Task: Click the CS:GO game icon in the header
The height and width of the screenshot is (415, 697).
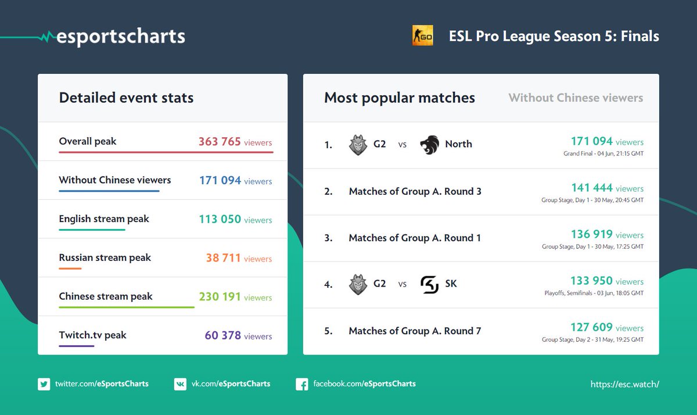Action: tap(422, 35)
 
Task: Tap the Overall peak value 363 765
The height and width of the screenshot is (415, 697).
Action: tap(220, 142)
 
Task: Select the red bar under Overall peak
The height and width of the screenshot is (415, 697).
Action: tap(166, 152)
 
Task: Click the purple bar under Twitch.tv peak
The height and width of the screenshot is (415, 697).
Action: tap(76, 346)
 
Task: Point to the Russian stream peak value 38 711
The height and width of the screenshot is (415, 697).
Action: tap(223, 258)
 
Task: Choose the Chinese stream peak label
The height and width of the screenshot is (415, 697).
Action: tap(106, 296)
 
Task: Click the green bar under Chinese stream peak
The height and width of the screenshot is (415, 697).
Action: tap(126, 307)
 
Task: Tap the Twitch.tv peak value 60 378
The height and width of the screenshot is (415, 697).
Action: tap(222, 335)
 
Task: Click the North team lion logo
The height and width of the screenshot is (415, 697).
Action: tap(429, 145)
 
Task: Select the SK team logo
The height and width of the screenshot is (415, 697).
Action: tap(429, 284)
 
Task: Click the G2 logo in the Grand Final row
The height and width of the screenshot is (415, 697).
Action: tap(358, 145)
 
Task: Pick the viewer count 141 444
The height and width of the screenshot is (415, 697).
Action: tap(592, 188)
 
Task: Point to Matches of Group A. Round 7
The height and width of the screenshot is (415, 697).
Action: tap(415, 331)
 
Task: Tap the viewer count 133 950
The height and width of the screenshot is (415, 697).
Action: tap(592, 281)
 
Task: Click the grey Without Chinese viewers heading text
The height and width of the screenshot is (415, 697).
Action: tap(576, 98)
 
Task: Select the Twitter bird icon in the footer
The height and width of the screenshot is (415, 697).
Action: tap(44, 384)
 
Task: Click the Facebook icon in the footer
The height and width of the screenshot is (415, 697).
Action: tap(301, 384)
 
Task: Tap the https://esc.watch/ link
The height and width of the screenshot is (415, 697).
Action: tap(624, 384)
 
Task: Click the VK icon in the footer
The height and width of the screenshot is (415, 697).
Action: tap(180, 384)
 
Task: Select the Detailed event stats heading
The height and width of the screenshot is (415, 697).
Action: tap(126, 98)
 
